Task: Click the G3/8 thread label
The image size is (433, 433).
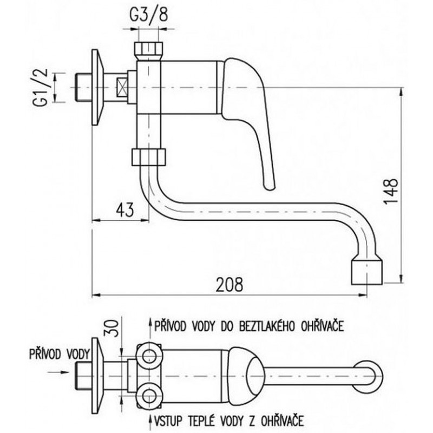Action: click(149, 16)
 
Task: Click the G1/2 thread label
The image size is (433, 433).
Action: click(41, 87)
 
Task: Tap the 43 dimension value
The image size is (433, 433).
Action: click(125, 210)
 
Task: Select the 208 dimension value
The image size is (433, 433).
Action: click(229, 285)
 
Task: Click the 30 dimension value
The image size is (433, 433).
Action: click(112, 328)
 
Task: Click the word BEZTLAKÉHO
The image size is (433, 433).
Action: click(266, 326)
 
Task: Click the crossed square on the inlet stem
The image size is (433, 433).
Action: click(122, 87)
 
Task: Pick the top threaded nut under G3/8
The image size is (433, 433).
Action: click(148, 50)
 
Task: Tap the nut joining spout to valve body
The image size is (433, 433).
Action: click(148, 157)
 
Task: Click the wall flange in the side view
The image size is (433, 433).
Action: click(97, 87)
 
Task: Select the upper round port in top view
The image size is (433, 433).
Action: click(149, 356)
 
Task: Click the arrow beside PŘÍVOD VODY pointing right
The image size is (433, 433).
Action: click(58, 372)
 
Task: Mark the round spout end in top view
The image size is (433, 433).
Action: click(368, 376)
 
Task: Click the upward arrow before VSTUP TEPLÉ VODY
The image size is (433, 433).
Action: click(150, 421)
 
